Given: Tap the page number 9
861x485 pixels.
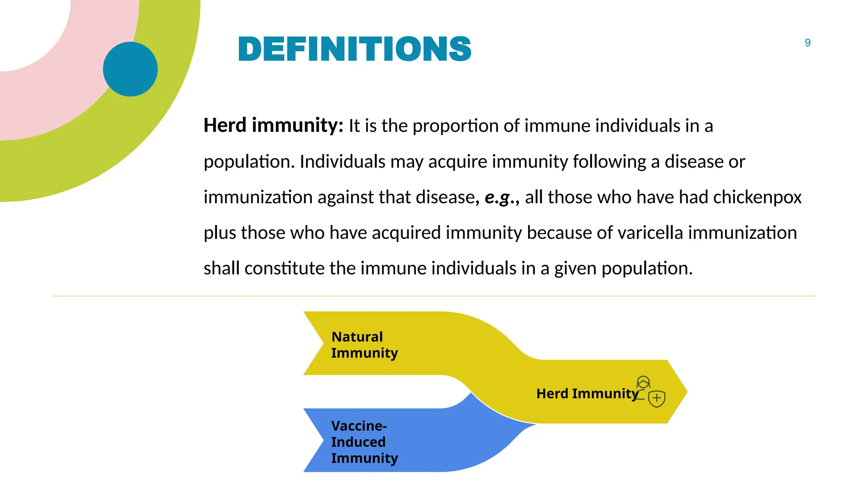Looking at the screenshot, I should click(807, 43).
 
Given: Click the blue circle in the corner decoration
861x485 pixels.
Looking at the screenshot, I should click(130, 69).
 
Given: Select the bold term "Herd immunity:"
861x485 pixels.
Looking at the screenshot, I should click(273, 125).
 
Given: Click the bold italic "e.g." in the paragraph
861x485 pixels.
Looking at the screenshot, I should click(498, 197).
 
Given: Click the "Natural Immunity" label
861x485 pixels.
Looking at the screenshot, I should click(364, 345).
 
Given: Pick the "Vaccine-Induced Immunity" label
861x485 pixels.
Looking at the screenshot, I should click(364, 442).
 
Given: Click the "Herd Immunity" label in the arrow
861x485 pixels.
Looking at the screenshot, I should click(587, 394).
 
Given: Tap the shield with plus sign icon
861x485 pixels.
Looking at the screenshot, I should click(657, 398).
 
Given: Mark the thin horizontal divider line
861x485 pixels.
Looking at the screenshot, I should click(433, 296).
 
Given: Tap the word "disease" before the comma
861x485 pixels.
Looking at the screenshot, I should click(445, 197).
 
